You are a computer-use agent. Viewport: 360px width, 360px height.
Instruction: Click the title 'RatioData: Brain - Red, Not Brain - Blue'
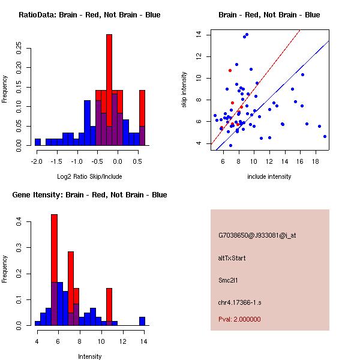(x=89, y=15)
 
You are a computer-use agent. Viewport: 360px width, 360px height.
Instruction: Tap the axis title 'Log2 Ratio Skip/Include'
(x=89, y=176)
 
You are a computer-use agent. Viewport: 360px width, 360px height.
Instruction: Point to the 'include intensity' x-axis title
(x=269, y=176)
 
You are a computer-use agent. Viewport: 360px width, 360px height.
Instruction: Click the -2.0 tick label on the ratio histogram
(x=37, y=161)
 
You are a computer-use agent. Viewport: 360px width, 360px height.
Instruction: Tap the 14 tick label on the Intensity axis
(x=143, y=341)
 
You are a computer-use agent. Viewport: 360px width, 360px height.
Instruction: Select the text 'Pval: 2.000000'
(x=240, y=319)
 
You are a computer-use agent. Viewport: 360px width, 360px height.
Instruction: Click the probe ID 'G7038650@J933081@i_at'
(x=257, y=235)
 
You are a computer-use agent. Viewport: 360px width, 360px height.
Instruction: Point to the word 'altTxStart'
(x=232, y=258)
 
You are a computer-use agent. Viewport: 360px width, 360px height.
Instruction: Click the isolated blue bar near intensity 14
(x=142, y=321)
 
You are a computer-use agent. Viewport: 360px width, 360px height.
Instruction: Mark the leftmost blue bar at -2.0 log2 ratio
(x=38, y=142)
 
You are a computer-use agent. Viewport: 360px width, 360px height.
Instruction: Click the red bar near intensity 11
(x=109, y=306)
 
